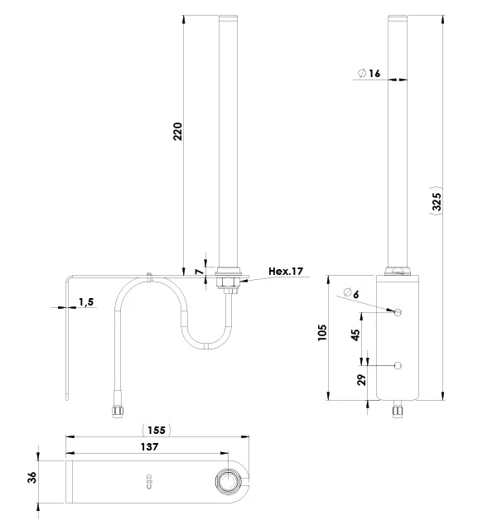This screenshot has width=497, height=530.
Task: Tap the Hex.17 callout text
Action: coord(287,271)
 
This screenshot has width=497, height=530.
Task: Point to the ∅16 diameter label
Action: coord(369,74)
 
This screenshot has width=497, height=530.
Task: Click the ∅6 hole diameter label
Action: coord(349,293)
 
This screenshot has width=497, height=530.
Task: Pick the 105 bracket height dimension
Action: coord(322,332)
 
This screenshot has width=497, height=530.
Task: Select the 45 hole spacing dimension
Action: coord(355,335)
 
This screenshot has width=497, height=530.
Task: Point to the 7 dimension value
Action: coord(199,271)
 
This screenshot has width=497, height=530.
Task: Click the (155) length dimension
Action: coord(156,430)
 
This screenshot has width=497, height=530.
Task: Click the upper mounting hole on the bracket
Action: coord(398,312)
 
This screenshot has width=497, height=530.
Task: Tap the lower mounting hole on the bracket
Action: coord(398,365)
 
